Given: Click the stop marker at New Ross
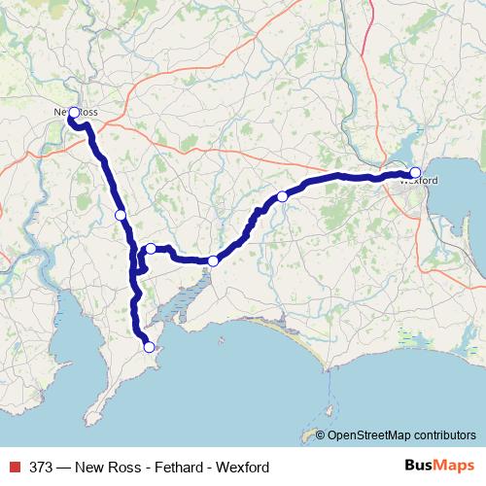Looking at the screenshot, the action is [x=74, y=113].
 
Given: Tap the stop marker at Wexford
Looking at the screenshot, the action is [x=415, y=174].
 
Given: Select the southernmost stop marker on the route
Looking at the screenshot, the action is [x=149, y=347].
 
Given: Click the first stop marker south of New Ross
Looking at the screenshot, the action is [x=120, y=215].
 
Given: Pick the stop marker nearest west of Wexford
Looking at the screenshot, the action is [x=282, y=196].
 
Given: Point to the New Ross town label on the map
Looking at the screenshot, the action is [x=76, y=114].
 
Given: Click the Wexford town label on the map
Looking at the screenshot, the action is [x=419, y=181].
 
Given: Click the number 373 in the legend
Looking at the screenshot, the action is [x=41, y=468].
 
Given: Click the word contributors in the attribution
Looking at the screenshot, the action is [x=446, y=435].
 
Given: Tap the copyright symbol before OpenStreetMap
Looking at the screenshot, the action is [x=321, y=435].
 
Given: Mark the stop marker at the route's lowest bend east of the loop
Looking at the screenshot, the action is [x=212, y=260].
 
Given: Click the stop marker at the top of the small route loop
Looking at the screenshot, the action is [x=151, y=249].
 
